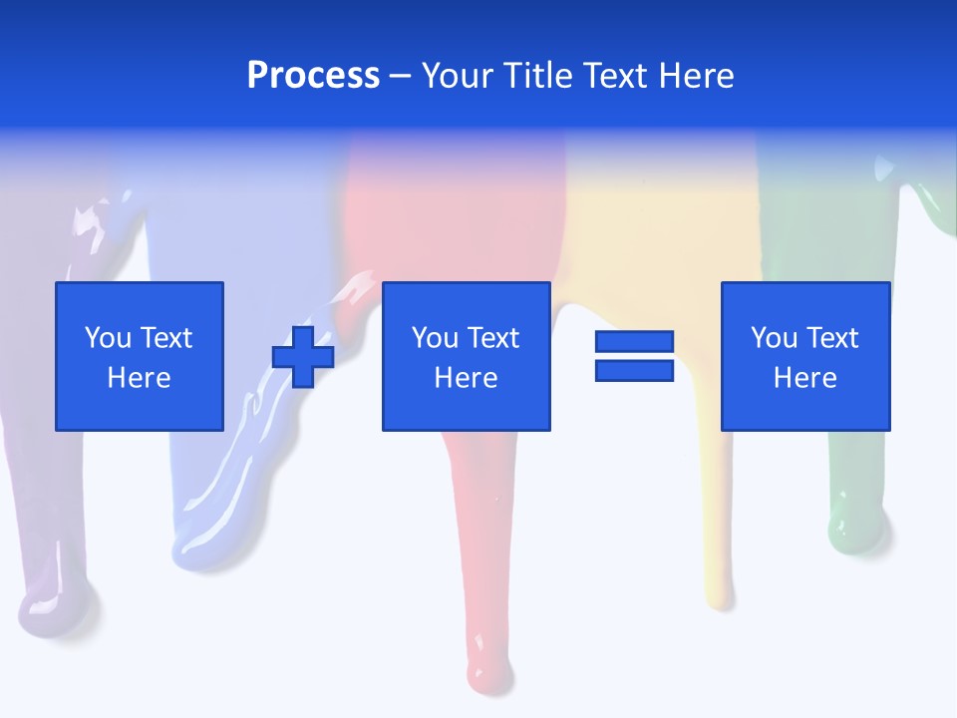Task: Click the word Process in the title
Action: (x=313, y=76)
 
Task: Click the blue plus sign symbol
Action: (x=303, y=357)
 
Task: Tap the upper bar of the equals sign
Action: (x=634, y=342)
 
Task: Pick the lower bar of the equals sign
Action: (x=634, y=370)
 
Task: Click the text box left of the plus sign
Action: (x=139, y=356)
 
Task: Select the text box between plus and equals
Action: (x=466, y=356)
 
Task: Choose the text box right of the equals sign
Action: (x=804, y=356)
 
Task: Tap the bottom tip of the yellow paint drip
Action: (x=719, y=595)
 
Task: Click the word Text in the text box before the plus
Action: (x=165, y=338)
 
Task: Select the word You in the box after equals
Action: (x=774, y=338)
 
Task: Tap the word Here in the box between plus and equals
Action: (x=466, y=378)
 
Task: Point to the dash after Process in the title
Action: (x=400, y=76)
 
